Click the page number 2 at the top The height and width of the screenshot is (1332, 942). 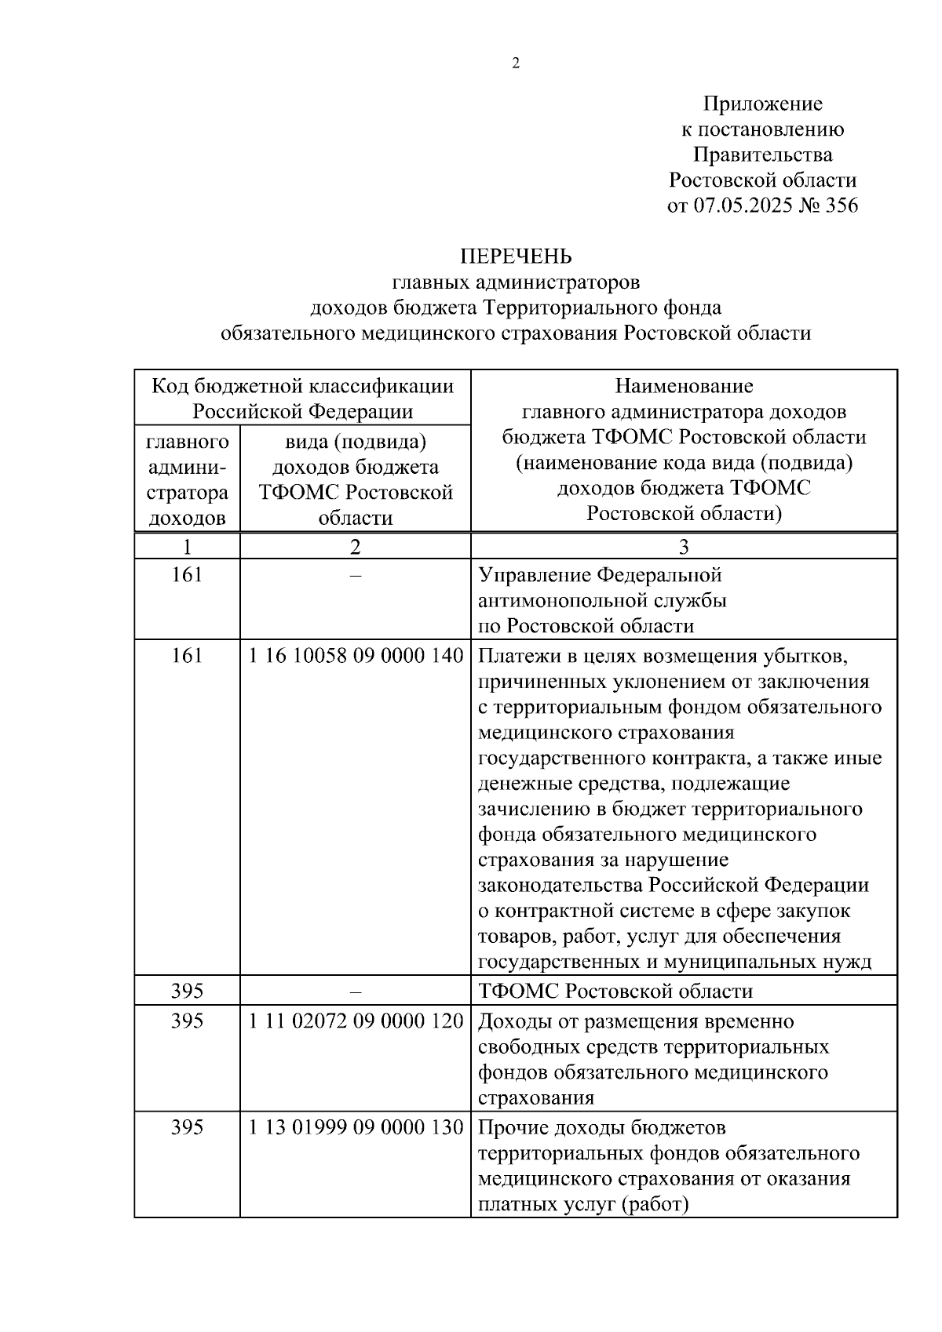click(x=516, y=64)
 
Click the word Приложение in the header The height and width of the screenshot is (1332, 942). click(x=762, y=104)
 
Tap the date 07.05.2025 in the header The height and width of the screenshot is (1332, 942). click(x=743, y=206)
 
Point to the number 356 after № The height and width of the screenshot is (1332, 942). click(x=842, y=206)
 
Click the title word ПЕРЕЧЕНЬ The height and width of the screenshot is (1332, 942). click(x=516, y=257)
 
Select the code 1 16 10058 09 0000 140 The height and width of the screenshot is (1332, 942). click(x=356, y=656)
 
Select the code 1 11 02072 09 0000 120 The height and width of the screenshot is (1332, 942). click(x=356, y=1021)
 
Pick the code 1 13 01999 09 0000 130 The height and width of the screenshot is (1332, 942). click(x=356, y=1127)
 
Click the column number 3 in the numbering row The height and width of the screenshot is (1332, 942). click(x=683, y=547)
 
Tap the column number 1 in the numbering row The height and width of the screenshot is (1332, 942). click(x=187, y=547)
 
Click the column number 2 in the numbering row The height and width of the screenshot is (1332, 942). click(x=356, y=547)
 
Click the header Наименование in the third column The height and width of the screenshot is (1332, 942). click(x=684, y=386)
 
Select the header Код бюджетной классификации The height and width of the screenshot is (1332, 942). click(x=302, y=386)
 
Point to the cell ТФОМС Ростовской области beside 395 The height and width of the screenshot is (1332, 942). click(x=615, y=991)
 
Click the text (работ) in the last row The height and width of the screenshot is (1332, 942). click(x=654, y=1204)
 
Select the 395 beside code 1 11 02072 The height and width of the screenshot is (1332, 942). click(x=187, y=1021)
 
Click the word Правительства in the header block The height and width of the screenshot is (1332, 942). click(x=762, y=155)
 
